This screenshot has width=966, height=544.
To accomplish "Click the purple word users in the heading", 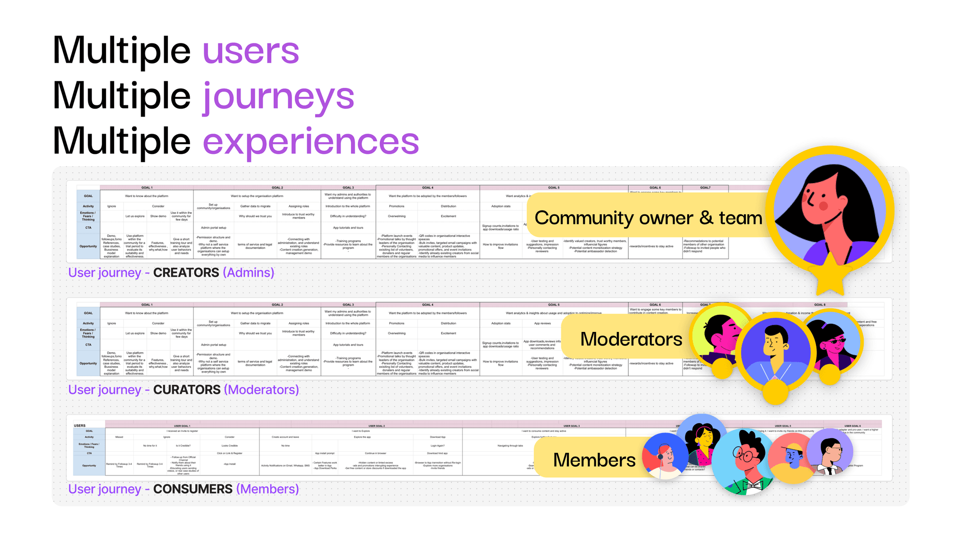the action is [250, 51].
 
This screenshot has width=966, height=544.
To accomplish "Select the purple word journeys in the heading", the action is [278, 97].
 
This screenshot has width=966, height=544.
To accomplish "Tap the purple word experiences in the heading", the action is [310, 141].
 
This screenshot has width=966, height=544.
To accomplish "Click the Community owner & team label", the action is [648, 218].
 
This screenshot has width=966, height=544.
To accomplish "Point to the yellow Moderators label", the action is [631, 339].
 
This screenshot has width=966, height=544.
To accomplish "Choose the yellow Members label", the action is [594, 460].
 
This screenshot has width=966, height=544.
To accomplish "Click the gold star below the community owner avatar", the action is [830, 276].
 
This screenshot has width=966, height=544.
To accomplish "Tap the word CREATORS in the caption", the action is [186, 272].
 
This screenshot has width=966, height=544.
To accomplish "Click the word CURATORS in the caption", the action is [187, 390].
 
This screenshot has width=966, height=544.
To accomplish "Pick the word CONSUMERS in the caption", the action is [193, 489].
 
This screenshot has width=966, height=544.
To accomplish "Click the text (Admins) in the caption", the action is [249, 272].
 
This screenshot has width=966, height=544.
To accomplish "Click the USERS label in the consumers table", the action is [80, 425].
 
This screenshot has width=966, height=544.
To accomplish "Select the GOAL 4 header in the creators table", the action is [427, 187].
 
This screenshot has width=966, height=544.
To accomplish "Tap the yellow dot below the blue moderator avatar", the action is [775, 391].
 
